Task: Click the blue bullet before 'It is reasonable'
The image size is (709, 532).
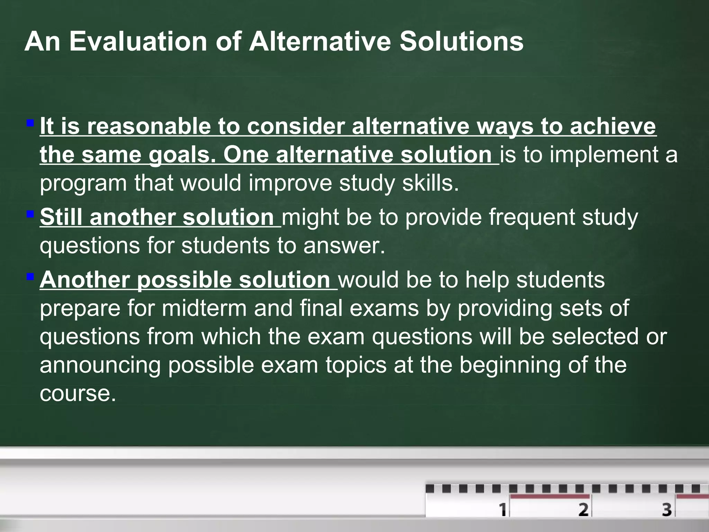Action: click(30, 123)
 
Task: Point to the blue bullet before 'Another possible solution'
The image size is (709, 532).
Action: click(30, 277)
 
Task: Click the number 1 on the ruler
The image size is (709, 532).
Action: click(502, 510)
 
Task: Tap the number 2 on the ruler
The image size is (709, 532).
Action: click(583, 510)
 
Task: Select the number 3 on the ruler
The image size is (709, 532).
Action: click(667, 510)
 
